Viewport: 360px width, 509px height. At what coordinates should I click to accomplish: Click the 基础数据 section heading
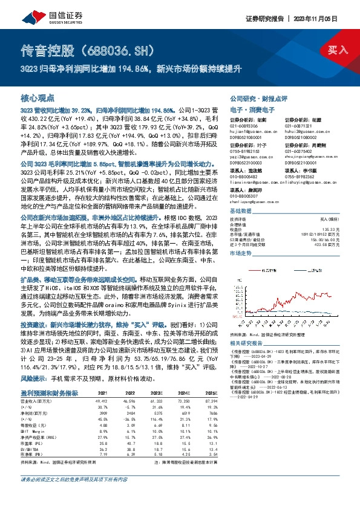click(242, 211)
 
